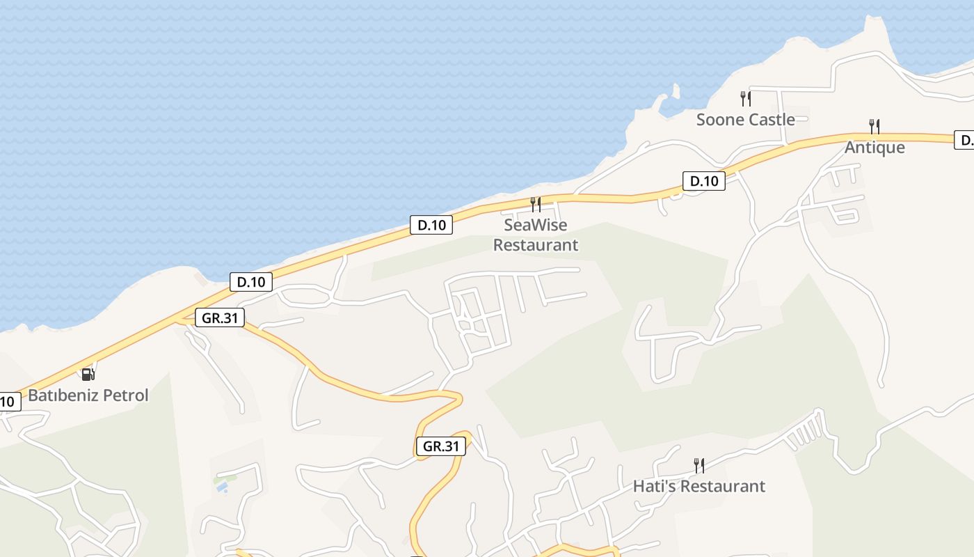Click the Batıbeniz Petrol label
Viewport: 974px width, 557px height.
(x=88, y=395)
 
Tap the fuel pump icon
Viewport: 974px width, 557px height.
(x=88, y=375)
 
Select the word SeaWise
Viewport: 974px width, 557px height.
(x=535, y=225)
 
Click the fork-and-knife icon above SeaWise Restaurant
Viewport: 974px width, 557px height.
(x=535, y=205)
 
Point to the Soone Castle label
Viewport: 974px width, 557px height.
(x=745, y=120)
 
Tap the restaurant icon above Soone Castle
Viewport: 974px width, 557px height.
(x=745, y=99)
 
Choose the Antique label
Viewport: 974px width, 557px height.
(x=875, y=148)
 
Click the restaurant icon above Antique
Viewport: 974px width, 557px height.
(x=875, y=127)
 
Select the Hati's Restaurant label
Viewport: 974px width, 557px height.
(x=698, y=486)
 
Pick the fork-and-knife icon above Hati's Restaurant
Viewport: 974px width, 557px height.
(x=699, y=465)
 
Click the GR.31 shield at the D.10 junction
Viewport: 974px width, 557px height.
(x=220, y=318)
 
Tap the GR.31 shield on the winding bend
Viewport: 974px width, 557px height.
(x=441, y=446)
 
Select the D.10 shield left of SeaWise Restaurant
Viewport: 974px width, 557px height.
(x=431, y=225)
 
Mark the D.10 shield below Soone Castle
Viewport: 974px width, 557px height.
(x=703, y=181)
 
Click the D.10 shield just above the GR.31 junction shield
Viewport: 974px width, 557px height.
(x=251, y=282)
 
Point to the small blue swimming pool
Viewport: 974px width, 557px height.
(x=222, y=488)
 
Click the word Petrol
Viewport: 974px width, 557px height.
(x=125, y=395)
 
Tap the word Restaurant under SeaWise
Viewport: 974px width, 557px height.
(x=535, y=245)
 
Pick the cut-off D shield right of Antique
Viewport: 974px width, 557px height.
(x=965, y=140)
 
